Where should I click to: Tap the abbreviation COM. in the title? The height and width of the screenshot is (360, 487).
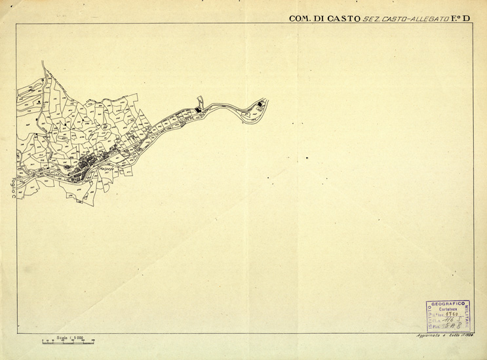300,18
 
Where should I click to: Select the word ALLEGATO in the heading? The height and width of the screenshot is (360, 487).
425,18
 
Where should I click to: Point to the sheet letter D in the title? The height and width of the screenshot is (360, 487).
467,18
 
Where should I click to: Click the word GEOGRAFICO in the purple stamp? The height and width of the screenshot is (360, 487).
448,304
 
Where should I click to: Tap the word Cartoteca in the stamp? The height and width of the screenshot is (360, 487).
448,310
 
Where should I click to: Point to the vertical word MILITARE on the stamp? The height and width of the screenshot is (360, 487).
468,315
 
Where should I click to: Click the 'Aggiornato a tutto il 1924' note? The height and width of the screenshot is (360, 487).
444,336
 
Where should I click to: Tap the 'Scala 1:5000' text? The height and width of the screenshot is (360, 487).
70,337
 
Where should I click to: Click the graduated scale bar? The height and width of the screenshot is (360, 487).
68,342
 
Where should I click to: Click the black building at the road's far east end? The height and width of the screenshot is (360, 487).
260,105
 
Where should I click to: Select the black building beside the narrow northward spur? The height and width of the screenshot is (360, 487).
199,110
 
